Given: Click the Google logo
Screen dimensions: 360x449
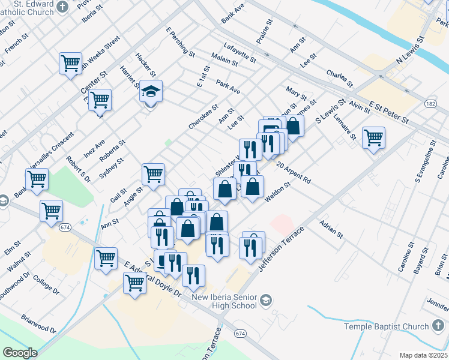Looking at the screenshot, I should pos(20,353).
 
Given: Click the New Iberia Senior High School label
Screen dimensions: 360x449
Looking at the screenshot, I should pos(224,302).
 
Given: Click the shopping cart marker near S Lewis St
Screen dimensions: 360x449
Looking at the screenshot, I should pos(373,137).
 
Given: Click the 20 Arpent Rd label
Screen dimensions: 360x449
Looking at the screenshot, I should pos(294,172).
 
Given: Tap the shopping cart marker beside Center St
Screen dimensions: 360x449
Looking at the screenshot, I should pos(100,101).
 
